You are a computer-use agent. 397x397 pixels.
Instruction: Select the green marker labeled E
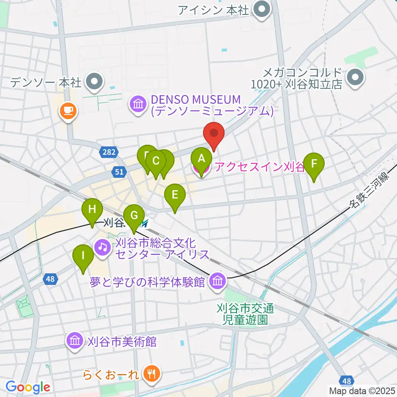[175, 195]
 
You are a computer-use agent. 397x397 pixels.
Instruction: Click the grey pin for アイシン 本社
[261, 10]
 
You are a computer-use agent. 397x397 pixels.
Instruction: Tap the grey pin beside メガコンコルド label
[355, 78]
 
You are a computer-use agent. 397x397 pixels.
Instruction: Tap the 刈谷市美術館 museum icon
[75, 342]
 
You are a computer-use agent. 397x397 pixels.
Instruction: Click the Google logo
[28, 387]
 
